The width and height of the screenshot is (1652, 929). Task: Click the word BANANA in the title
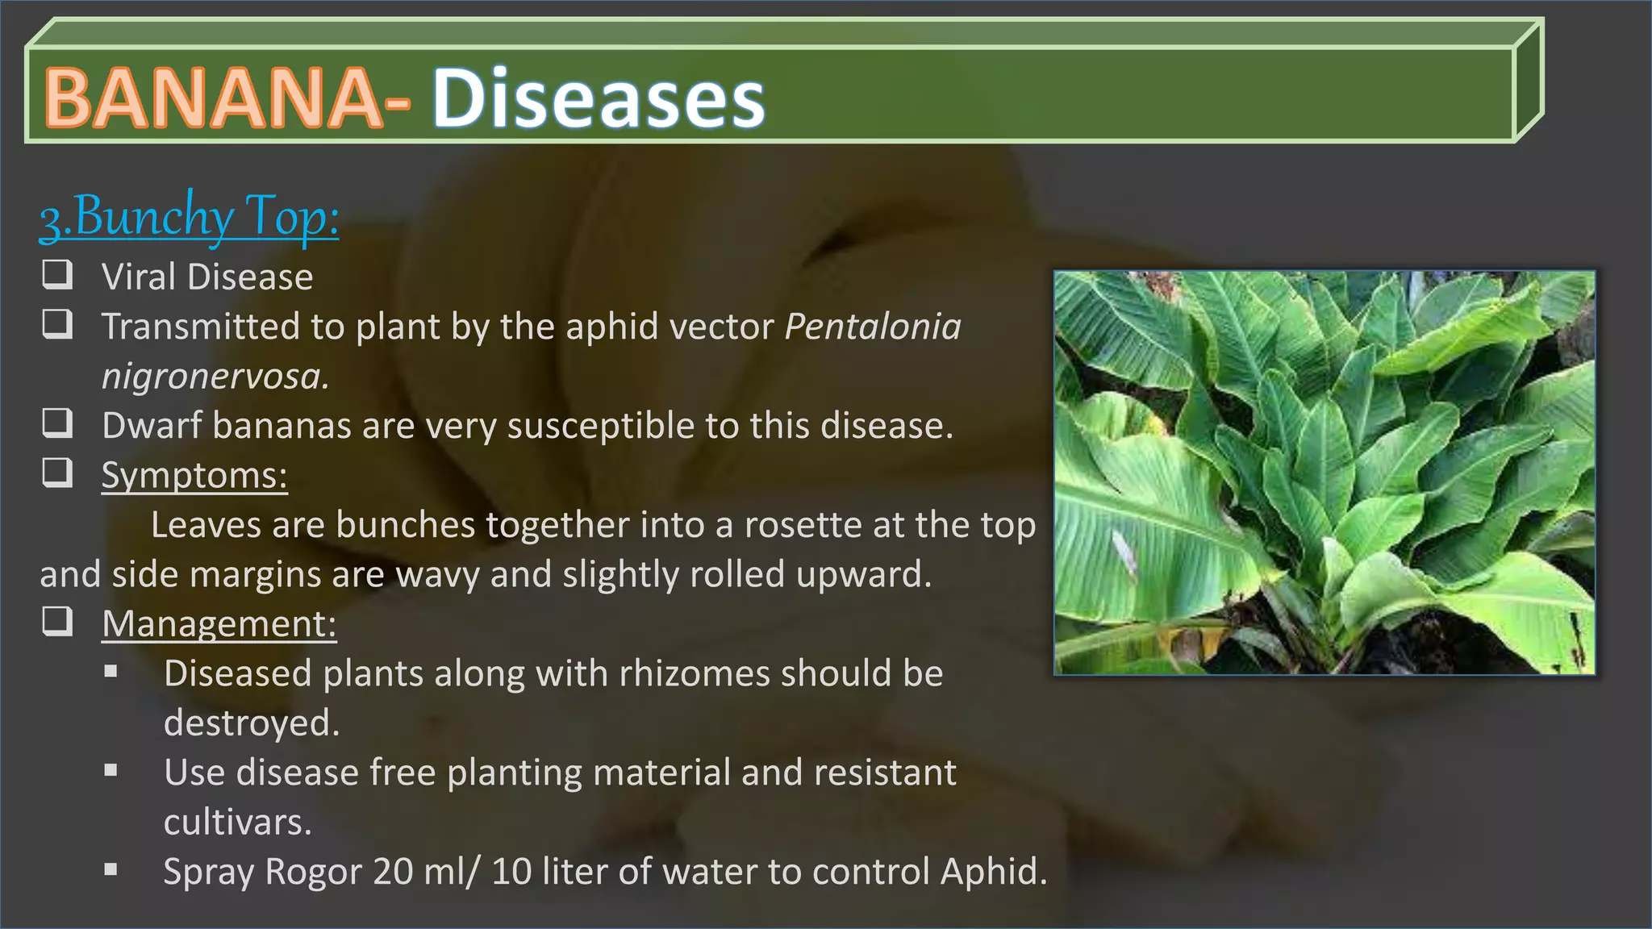pyautogui.click(x=214, y=98)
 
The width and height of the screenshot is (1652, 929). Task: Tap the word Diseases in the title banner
pyautogui.click(x=599, y=98)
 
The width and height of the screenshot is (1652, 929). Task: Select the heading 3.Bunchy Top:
pyautogui.click(x=190, y=216)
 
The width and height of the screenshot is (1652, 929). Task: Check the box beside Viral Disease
pyautogui.click(x=57, y=274)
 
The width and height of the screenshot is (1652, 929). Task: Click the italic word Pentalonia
pyautogui.click(x=873, y=327)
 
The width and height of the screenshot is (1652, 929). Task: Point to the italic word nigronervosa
pyautogui.click(x=215, y=377)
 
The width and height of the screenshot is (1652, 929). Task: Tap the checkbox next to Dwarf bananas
pyautogui.click(x=57, y=423)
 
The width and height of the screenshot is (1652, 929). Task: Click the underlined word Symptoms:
pyautogui.click(x=194, y=475)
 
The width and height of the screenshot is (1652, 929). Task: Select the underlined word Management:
pyautogui.click(x=219, y=623)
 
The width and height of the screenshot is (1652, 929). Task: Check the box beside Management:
pyautogui.click(x=57, y=621)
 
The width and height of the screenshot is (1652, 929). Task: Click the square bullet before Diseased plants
pyautogui.click(x=111, y=671)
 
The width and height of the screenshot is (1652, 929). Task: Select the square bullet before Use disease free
pyautogui.click(x=111, y=770)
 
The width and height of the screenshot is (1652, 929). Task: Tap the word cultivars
pyautogui.click(x=237, y=823)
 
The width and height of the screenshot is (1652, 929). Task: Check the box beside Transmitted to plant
pyautogui.click(x=57, y=323)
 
